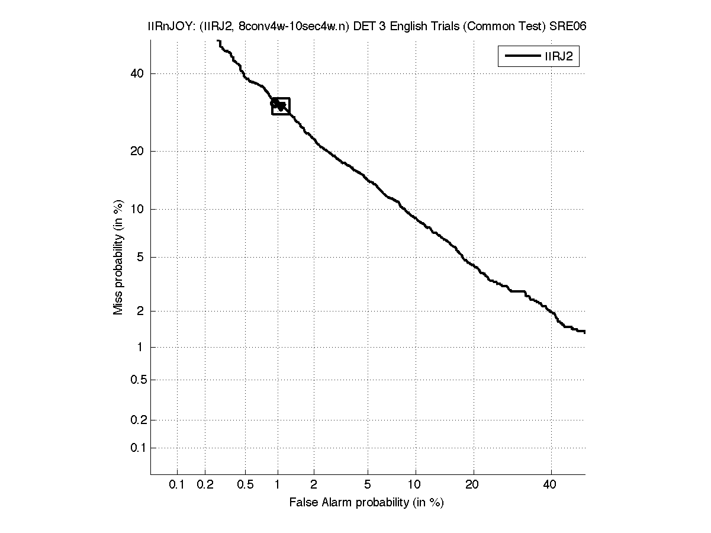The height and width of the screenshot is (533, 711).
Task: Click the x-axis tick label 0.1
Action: [x=177, y=485]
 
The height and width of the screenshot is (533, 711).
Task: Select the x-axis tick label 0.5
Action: [x=245, y=485]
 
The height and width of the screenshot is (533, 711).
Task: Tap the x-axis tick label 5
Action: [x=368, y=485]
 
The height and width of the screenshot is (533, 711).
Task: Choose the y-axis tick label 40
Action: [x=137, y=73]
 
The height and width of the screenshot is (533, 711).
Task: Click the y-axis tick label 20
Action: [x=137, y=151]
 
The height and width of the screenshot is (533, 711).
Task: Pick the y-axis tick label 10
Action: [x=137, y=208]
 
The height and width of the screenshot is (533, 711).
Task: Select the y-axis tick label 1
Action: [x=141, y=347]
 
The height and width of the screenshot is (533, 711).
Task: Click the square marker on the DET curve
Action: [x=281, y=106]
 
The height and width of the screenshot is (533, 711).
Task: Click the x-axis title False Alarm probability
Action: [x=366, y=503]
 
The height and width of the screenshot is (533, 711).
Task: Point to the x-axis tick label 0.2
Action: [x=205, y=485]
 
